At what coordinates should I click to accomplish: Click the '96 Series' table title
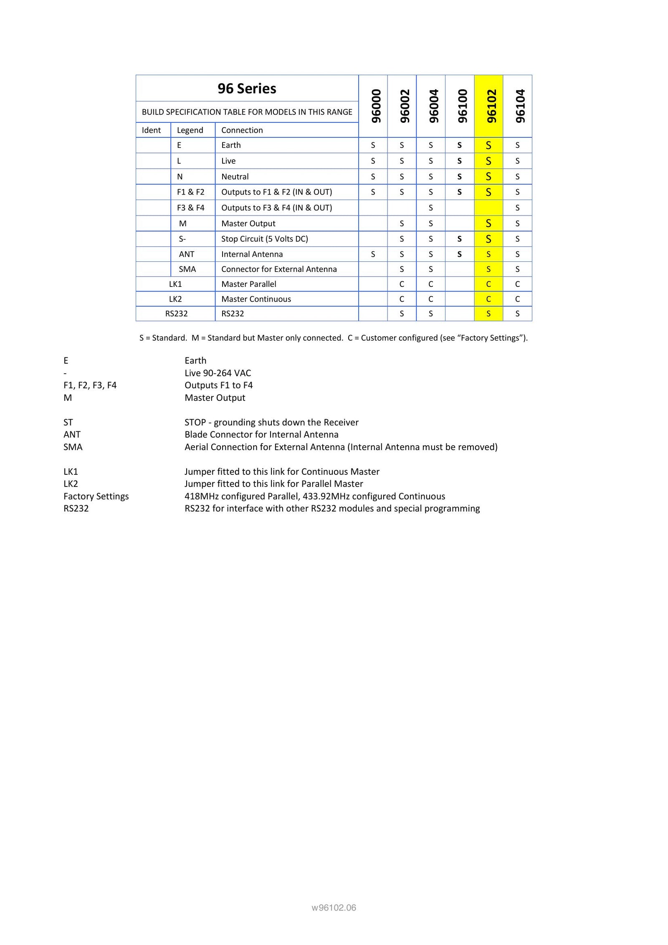(247, 89)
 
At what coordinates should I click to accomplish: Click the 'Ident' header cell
(151, 130)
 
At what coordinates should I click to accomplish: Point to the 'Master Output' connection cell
(248, 223)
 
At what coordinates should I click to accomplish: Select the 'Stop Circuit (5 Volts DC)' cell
(265, 239)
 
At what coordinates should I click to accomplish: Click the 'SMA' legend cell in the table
(187, 269)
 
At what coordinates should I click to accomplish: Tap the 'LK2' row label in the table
(175, 299)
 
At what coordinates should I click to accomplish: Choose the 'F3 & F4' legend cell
(190, 208)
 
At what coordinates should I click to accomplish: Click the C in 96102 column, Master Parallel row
(488, 284)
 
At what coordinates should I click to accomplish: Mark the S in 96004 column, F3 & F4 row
(430, 208)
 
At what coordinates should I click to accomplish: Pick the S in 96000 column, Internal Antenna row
(373, 254)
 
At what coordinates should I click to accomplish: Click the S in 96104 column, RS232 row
(517, 314)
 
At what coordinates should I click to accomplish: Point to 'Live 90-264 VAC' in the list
(218, 373)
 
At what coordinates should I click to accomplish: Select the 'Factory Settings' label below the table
(96, 496)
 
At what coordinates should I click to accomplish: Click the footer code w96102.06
(334, 907)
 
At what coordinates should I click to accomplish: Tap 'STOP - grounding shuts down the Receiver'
(271, 422)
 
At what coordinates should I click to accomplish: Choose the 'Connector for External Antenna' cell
(279, 269)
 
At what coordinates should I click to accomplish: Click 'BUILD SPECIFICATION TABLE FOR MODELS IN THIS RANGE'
(247, 112)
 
